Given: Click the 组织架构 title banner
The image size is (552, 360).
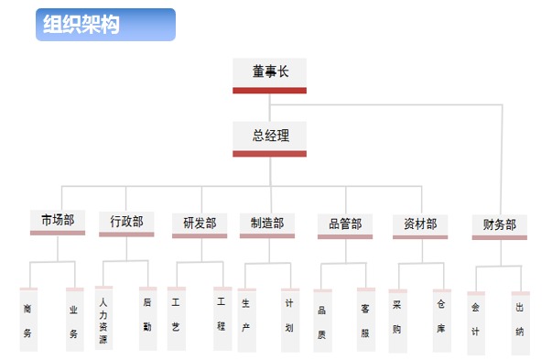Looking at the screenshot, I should (105, 25).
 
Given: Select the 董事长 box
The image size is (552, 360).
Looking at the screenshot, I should (269, 72).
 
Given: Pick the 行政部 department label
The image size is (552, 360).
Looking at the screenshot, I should (126, 222).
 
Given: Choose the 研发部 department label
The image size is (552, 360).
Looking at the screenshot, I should (200, 223).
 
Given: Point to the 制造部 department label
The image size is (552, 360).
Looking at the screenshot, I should (267, 223).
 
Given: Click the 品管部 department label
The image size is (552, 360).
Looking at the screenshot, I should (344, 224).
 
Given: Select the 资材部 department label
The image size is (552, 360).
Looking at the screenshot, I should (420, 224).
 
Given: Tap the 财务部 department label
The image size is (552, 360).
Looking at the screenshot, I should (499, 224).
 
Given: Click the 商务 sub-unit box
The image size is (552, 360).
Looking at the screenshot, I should (27, 320).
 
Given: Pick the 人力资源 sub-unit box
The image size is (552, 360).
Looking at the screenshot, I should (103, 318).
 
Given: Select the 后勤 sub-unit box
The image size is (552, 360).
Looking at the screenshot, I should (146, 318).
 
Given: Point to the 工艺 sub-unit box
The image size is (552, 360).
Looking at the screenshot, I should (176, 318).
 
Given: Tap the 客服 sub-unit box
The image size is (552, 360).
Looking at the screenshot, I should (365, 321).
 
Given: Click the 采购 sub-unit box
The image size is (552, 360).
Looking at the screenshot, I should (397, 321).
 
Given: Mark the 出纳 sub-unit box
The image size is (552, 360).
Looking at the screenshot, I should (520, 322).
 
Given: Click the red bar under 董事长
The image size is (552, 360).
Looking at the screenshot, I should (269, 90).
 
